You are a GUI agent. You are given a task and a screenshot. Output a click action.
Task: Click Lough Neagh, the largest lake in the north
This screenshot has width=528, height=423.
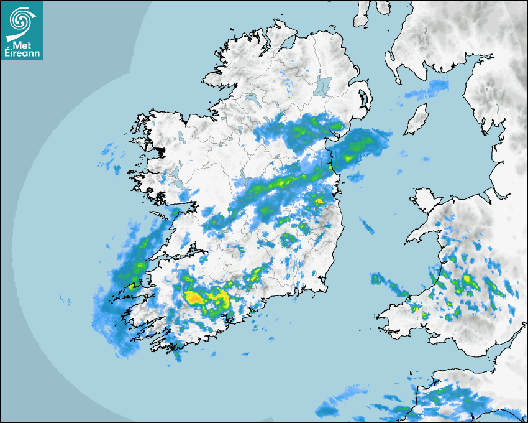pos(323,85)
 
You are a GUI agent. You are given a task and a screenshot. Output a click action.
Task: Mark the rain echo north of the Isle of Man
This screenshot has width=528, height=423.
pos(428,90)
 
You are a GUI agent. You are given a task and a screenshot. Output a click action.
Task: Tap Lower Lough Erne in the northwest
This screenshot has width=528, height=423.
pos(252,98)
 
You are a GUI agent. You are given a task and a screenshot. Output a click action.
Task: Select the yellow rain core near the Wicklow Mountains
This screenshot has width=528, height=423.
pos(319,201)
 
